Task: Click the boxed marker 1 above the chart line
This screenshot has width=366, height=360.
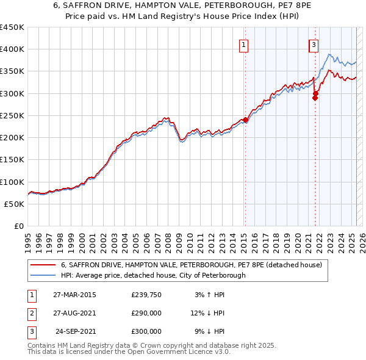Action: (243, 44)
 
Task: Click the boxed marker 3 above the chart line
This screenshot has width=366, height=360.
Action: (314, 44)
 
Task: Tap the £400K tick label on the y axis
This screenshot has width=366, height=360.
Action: (12, 49)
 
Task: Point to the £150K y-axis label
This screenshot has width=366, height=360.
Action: (12, 159)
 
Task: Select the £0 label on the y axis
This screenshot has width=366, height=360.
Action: (19, 226)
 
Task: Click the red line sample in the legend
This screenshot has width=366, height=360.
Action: (43, 265)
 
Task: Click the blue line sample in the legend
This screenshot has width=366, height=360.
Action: (43, 275)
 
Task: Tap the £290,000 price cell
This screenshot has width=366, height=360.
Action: (146, 313)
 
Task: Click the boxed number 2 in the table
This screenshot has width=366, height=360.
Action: (30, 314)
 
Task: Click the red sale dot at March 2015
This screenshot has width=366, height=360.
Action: (245, 120)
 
